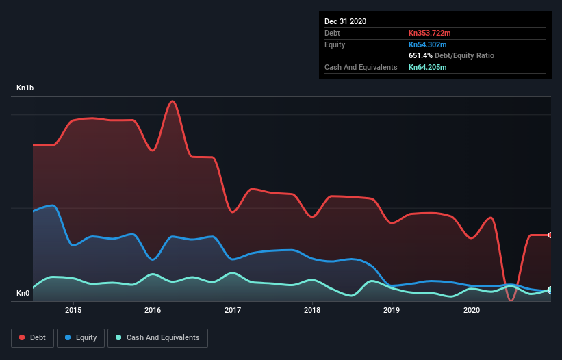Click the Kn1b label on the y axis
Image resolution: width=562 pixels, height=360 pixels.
pyautogui.click(x=26, y=88)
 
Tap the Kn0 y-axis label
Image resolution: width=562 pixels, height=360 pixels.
pyautogui.click(x=23, y=294)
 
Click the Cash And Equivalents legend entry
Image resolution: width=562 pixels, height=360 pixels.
pyautogui.click(x=157, y=337)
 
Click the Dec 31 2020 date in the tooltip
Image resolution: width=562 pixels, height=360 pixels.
pyautogui.click(x=345, y=21)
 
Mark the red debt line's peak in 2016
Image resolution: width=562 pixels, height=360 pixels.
pyautogui.click(x=173, y=101)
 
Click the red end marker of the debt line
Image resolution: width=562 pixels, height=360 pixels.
pyautogui.click(x=550, y=235)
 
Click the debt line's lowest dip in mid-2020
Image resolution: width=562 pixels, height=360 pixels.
pyautogui.click(x=511, y=300)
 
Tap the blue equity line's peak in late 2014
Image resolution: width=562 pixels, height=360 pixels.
pyautogui.click(x=52, y=205)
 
